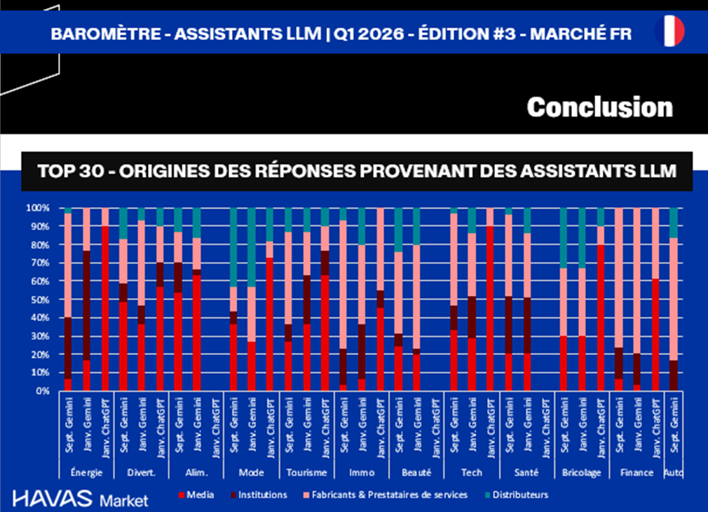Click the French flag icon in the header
coord(669,32)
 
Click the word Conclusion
coord(599,107)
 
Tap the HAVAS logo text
coord(53,499)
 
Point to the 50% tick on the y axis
coord(39,299)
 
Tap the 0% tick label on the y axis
coord(41,391)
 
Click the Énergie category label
coord(86,473)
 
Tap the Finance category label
coord(637,473)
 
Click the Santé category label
coord(526,473)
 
